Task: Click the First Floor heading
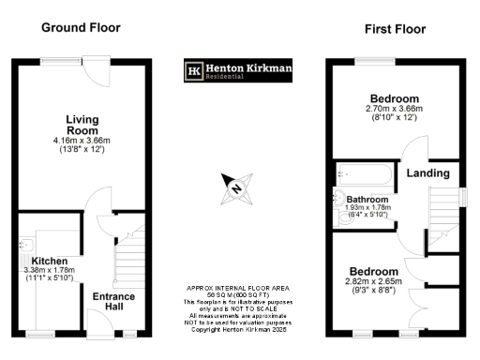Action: coord(395,29)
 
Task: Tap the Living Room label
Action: coord(82,125)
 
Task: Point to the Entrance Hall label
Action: coord(113,302)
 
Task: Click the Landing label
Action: coord(426,172)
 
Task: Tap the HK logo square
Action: coord(195,71)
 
